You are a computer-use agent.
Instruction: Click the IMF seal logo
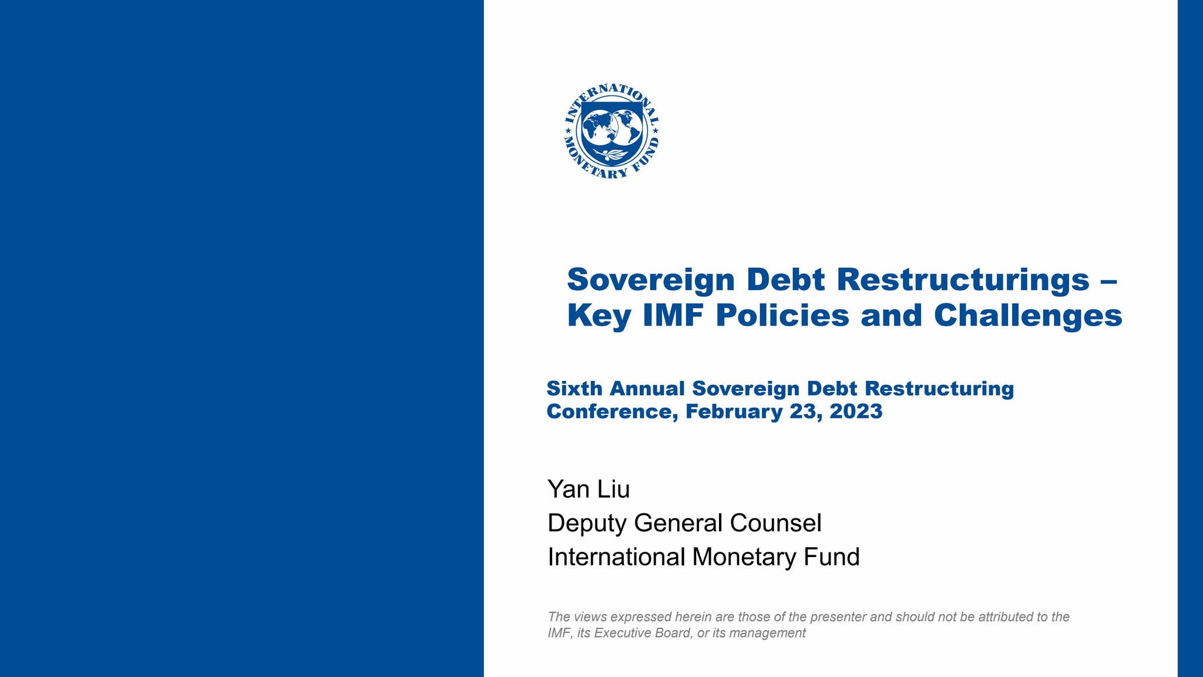[x=611, y=131]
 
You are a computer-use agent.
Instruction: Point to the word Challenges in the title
[x=1028, y=316]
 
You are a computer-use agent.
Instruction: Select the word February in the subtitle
[x=734, y=411]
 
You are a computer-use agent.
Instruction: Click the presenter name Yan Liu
[x=589, y=489]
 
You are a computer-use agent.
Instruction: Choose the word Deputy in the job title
[x=587, y=523]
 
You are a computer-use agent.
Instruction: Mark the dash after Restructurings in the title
[x=1108, y=281]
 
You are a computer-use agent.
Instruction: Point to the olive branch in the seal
[x=611, y=155]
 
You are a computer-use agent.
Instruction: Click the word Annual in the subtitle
[x=647, y=388]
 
